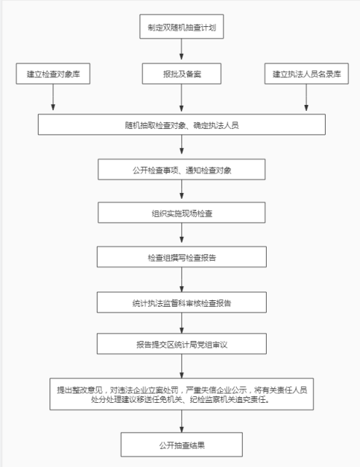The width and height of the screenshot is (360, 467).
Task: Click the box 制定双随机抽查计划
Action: coord(181,26)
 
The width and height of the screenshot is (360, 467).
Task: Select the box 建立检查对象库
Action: coord(53,74)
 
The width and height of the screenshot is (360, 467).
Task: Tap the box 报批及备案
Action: coord(181,74)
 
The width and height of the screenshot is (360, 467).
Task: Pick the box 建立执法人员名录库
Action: coord(306,74)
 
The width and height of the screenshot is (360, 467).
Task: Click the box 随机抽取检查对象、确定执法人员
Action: coord(181,125)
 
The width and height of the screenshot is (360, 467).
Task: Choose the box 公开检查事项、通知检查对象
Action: coord(181,170)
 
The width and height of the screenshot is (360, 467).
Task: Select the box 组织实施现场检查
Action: coord(181,213)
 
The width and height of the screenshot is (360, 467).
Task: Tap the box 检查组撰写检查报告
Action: coord(181,256)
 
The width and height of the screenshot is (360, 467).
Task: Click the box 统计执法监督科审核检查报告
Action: coord(181,302)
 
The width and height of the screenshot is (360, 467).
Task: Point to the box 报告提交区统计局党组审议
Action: coord(181,344)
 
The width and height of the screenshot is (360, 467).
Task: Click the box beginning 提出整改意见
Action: coord(181,394)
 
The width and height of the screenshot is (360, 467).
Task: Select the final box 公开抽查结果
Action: coord(181,444)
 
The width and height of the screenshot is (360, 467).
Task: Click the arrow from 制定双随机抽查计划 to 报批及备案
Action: coord(181,49)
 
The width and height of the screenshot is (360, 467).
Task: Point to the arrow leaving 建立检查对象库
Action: coord(53,98)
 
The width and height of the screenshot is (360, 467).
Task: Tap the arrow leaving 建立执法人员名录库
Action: coord(306,98)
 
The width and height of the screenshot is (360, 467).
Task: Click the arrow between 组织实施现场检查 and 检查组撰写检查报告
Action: coord(181,233)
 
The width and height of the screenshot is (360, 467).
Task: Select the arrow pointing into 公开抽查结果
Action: coord(181,421)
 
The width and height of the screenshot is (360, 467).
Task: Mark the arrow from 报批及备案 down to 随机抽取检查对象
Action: coord(181,98)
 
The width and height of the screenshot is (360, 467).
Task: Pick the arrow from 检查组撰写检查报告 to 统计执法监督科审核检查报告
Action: coord(181,280)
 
